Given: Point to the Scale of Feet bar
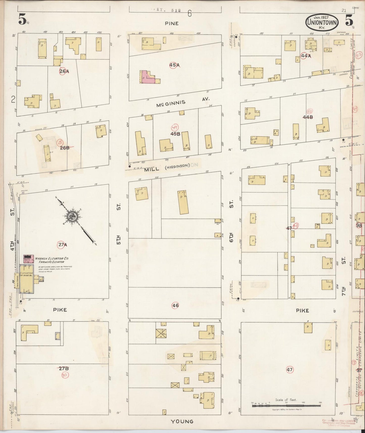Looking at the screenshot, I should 286,405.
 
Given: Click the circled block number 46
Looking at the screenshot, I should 175,305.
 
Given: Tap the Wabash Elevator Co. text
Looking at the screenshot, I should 52,259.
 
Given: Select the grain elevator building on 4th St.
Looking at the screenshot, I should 27,279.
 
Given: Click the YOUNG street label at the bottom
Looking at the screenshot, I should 182,421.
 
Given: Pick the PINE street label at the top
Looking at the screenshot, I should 172,23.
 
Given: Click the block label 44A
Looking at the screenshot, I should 306,56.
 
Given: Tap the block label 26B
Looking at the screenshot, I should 64,148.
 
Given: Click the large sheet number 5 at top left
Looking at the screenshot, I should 22,20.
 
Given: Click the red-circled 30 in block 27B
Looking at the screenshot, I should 64,375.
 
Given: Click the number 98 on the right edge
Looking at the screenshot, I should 359,226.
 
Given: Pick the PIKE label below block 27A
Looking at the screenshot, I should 60,310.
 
